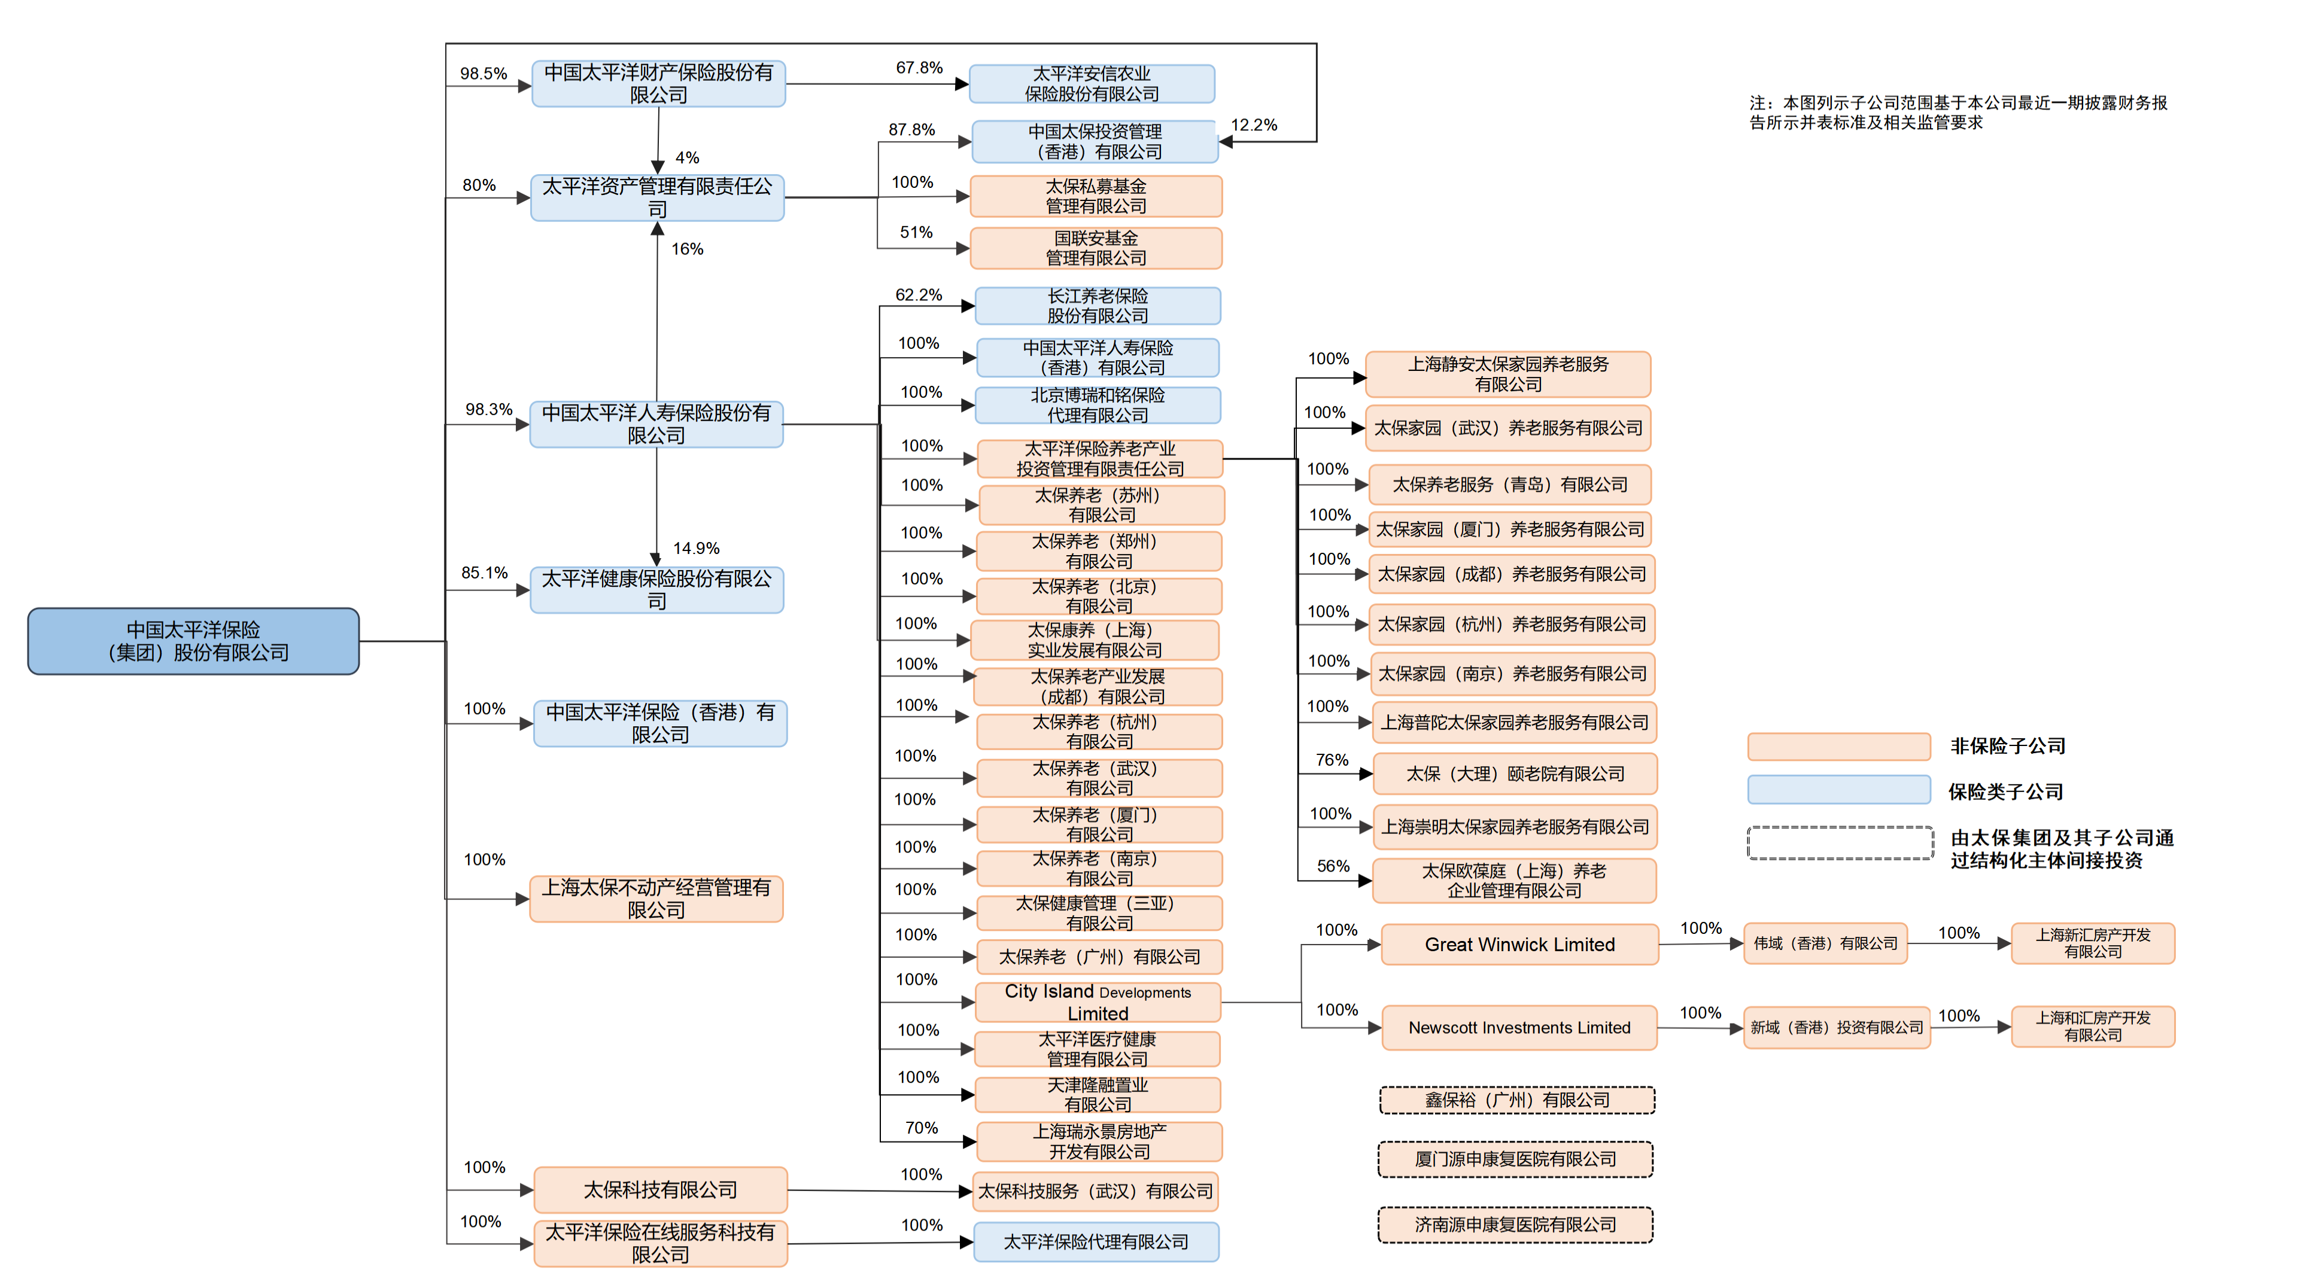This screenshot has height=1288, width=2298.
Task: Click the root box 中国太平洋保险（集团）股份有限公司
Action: coord(193,641)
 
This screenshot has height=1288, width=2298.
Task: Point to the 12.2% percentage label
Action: coord(1253,125)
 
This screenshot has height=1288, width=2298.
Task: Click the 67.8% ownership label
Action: coord(919,68)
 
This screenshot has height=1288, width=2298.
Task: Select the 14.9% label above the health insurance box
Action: coord(696,547)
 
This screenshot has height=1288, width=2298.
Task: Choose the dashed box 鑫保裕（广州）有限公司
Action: coord(1516,1100)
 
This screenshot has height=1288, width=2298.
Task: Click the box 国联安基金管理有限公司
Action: coord(1096,248)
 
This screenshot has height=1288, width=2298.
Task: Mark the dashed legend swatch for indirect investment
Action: coord(1840,843)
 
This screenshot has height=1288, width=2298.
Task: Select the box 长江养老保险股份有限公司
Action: coord(1098,305)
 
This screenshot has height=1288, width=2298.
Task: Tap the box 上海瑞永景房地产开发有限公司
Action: coord(1099,1141)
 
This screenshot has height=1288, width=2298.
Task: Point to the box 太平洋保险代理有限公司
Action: coord(1096,1241)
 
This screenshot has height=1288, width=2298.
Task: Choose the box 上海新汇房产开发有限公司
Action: coord(2092,943)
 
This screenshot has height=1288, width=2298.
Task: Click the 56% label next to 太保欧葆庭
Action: coord(1333,866)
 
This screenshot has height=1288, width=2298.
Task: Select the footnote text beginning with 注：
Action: coord(1957,112)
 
